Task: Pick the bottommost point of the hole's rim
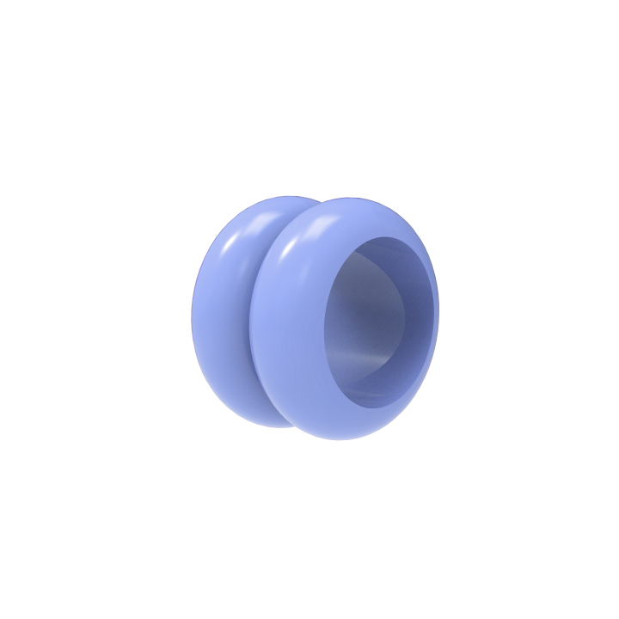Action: point(370,407)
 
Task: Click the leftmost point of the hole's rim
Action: point(324,331)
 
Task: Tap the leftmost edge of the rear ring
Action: point(191,314)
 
